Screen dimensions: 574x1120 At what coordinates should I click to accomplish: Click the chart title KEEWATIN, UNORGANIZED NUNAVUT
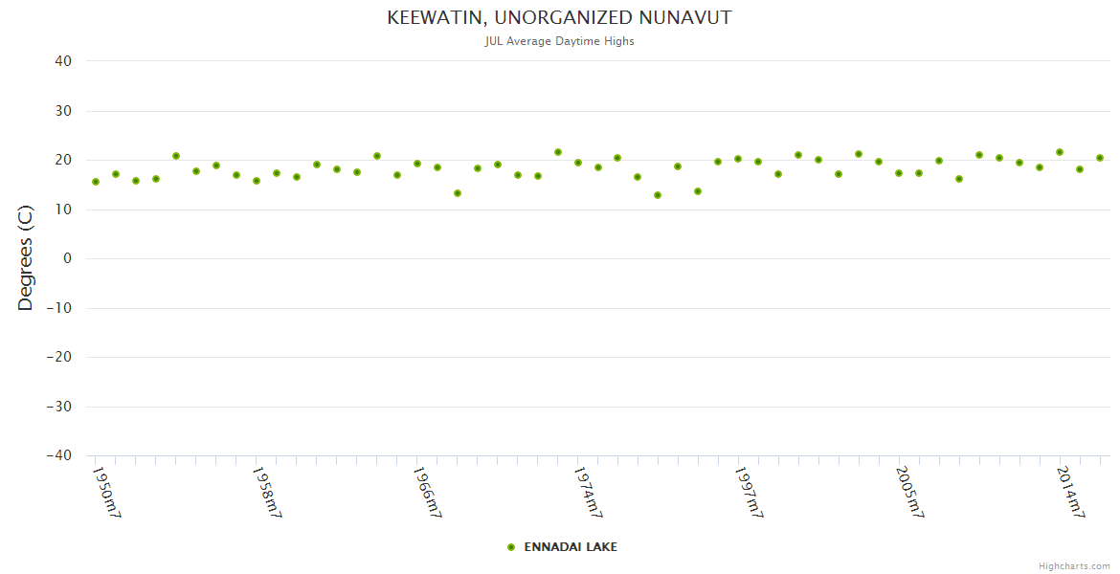[x=559, y=18]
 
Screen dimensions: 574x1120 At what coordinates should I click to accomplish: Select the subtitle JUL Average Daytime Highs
[x=559, y=41]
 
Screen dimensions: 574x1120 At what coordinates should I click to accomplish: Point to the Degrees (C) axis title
[x=26, y=258]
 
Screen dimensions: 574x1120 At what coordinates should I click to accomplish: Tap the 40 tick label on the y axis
[x=63, y=61]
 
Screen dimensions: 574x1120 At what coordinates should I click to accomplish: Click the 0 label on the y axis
[x=68, y=258]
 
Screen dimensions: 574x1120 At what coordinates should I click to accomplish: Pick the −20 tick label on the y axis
[x=58, y=357]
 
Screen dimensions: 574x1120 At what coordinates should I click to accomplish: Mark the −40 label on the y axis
[x=58, y=455]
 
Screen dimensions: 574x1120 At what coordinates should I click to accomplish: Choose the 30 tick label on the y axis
[x=63, y=111]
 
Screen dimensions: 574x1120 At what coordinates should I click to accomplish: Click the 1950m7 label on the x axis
[x=106, y=493]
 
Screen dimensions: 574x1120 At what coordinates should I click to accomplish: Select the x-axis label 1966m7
[x=428, y=493]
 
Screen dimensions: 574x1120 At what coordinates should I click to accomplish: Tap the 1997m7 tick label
[x=750, y=493]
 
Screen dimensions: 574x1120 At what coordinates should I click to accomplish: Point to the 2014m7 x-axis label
[x=1071, y=493]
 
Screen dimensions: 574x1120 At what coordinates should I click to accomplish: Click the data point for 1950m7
[x=96, y=182]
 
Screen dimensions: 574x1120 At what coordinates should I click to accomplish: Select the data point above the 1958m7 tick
[x=257, y=181]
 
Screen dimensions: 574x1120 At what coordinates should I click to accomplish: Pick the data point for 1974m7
[x=578, y=163]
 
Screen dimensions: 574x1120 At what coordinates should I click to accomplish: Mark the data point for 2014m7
[x=1060, y=152]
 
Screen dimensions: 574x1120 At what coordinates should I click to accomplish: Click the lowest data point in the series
[x=658, y=195]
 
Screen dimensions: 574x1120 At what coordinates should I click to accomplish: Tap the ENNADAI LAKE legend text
[x=571, y=547]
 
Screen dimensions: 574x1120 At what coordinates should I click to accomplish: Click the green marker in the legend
[x=511, y=547]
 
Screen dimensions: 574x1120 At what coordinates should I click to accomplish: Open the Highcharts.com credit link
[x=1074, y=566]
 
